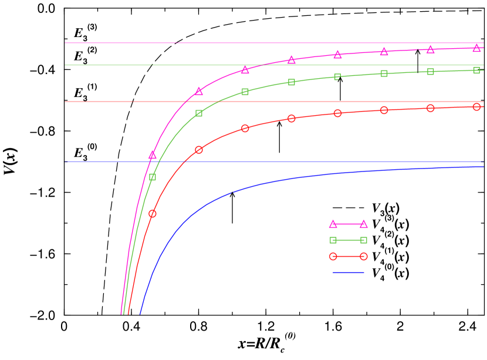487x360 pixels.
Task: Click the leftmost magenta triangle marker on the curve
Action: [x=153, y=156]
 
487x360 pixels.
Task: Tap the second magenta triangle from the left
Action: [x=199, y=92]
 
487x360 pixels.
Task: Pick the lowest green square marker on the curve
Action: [x=153, y=177]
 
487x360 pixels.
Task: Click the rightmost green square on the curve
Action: [x=477, y=70]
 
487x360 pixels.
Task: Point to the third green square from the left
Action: [x=245, y=92]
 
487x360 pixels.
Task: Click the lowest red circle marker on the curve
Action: [x=153, y=214]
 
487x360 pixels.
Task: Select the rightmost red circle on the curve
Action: [x=477, y=107]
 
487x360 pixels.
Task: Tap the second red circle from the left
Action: [x=199, y=150]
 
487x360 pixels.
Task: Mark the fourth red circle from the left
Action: [x=292, y=119]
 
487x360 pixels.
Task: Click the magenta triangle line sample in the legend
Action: [x=349, y=224]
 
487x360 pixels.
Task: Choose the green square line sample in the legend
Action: [x=349, y=240]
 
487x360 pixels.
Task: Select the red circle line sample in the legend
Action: [x=349, y=257]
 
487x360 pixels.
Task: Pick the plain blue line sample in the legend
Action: [x=349, y=272]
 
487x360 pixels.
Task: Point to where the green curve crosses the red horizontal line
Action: [x=218, y=102]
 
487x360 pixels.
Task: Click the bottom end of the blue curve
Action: [x=140, y=314]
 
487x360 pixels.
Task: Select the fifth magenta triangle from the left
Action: [x=338, y=55]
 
